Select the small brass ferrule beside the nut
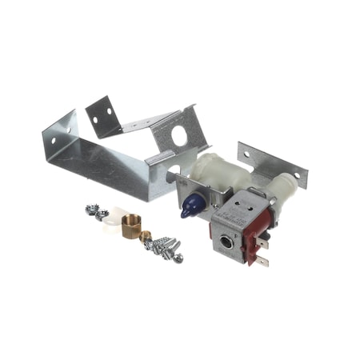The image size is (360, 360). (x=146, y=237)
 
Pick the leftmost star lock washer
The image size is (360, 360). (x=91, y=209)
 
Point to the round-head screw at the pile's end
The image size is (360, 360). (x=178, y=258)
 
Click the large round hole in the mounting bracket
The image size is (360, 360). (x=180, y=137)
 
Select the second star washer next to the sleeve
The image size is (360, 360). (x=102, y=214)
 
